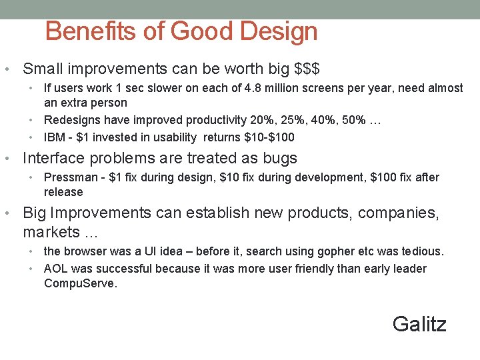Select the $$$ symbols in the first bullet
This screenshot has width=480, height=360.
point(307,69)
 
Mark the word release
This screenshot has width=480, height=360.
point(63,192)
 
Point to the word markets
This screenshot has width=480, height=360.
point(50,232)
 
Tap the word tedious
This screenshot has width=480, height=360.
point(421,251)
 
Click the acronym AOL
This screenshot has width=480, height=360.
point(56,269)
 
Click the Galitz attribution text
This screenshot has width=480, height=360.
point(419,324)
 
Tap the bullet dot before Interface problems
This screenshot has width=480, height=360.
point(7,159)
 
